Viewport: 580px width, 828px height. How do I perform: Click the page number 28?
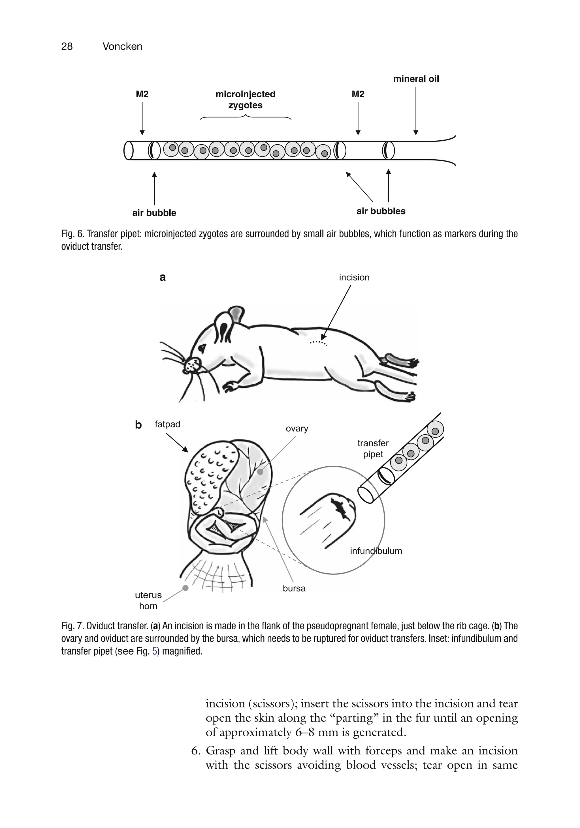point(67,46)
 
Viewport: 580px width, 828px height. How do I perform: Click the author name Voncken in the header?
point(122,46)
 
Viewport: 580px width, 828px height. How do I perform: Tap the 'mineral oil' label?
point(416,79)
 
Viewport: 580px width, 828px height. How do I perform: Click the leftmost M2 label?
point(142,94)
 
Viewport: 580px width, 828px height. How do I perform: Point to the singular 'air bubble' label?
point(154,213)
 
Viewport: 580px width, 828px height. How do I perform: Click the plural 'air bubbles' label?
point(381,211)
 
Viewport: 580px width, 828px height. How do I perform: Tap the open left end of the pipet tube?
point(128,150)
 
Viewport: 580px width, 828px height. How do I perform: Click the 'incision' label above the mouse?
point(354,277)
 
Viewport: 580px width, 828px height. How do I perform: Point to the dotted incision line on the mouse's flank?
point(318,342)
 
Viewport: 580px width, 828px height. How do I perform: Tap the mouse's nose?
point(193,365)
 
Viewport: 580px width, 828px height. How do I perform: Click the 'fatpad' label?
point(167,424)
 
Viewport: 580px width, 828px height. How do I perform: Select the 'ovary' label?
point(297,428)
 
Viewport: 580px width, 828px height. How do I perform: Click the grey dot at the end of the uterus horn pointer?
point(185,588)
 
